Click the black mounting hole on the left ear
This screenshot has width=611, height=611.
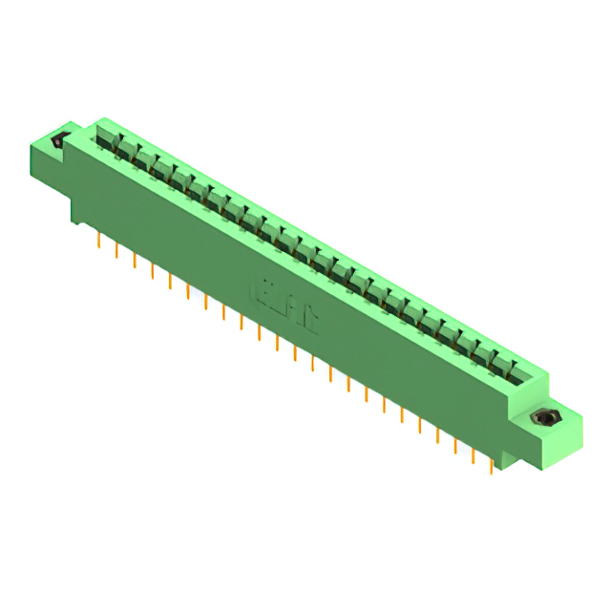click(x=57, y=141)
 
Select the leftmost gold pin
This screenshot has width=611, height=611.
click(x=99, y=240)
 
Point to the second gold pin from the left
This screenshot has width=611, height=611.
click(x=116, y=250)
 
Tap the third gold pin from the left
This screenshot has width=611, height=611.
click(x=135, y=261)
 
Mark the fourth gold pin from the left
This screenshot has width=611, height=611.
click(x=153, y=270)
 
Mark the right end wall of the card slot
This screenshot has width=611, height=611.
click(x=535, y=377)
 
